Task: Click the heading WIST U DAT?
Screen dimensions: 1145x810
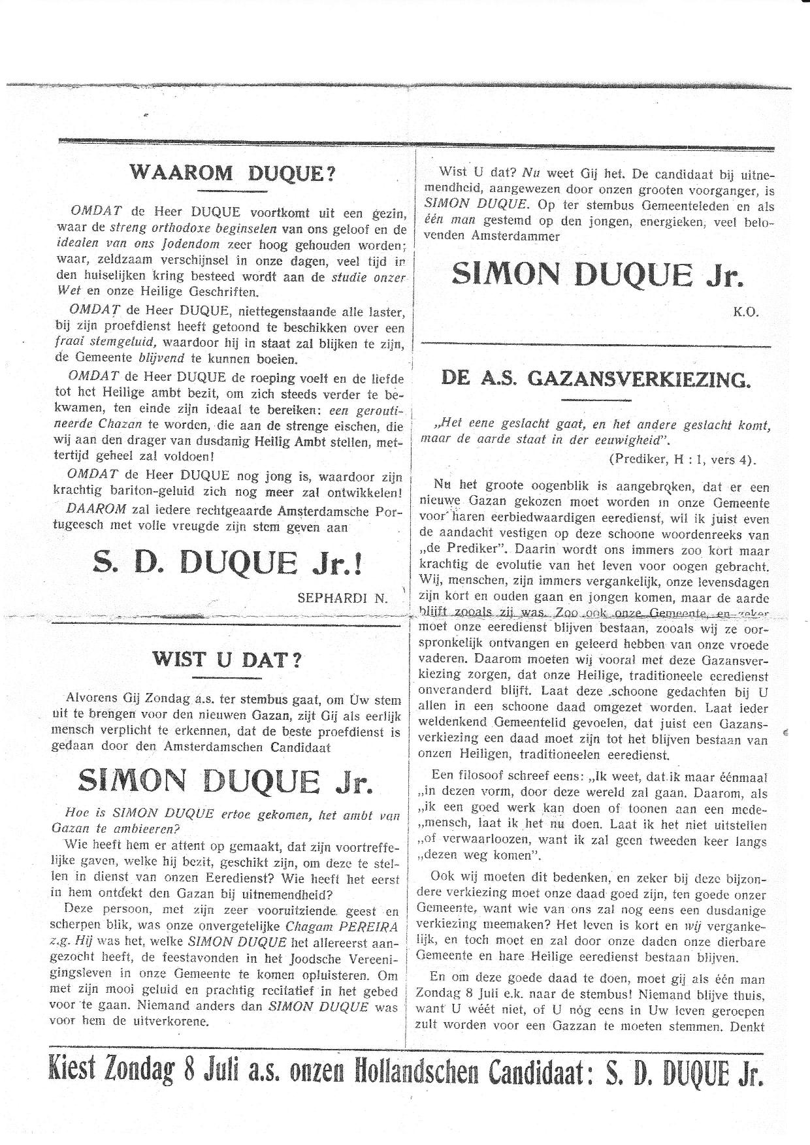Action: click(x=227, y=659)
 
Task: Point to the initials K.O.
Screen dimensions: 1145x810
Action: click(x=745, y=312)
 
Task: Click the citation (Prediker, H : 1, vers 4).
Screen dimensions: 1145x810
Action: click(x=682, y=459)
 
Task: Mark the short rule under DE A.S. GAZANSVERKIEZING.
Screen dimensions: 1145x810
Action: click(x=595, y=398)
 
